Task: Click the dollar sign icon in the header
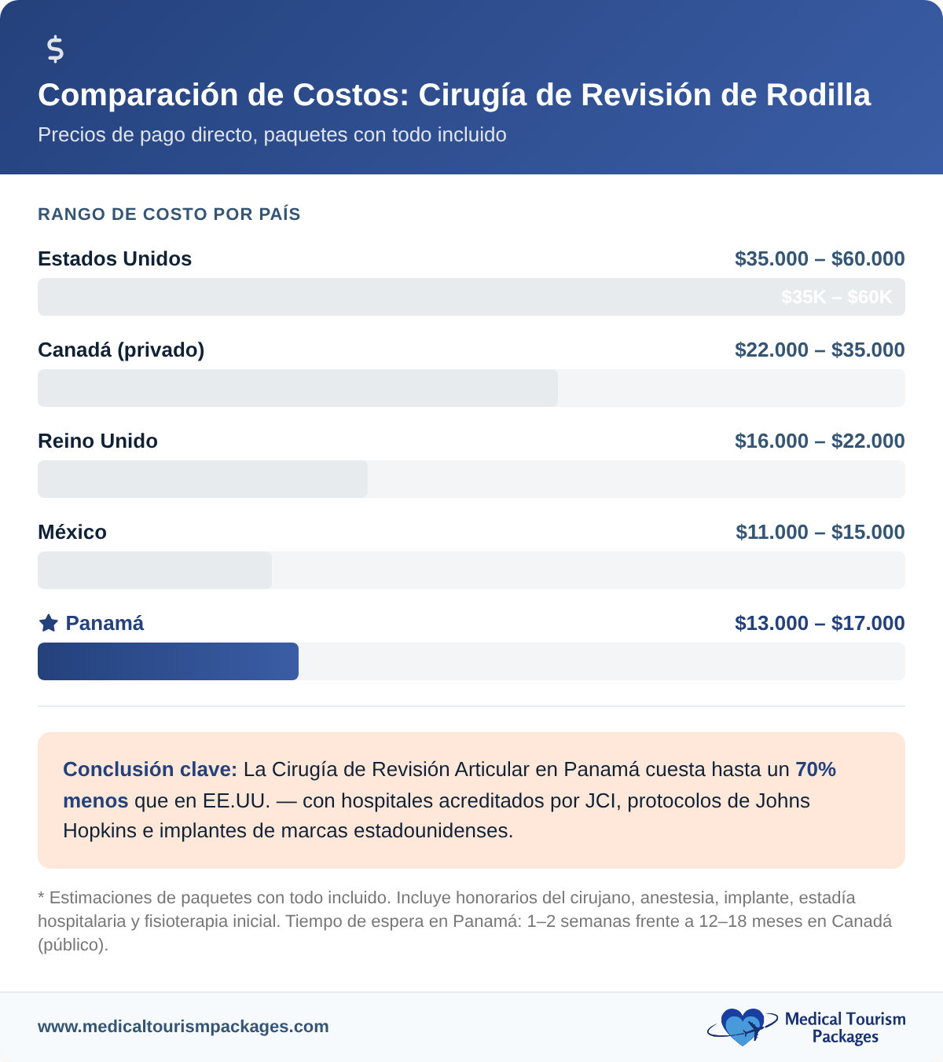coord(55,49)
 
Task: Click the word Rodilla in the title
coord(818,95)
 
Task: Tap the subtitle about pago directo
coord(272,135)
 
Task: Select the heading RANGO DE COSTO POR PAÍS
coord(169,214)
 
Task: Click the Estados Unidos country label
coord(115,259)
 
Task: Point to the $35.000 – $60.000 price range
coord(820,259)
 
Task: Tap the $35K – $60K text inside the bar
coord(836,297)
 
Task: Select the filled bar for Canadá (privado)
coord(297,388)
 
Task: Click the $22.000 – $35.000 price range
coord(820,350)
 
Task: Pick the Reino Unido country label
coord(97,441)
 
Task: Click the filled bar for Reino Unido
coord(202,479)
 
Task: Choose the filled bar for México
coord(154,570)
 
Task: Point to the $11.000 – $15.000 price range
coord(820,533)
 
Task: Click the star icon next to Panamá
coord(49,624)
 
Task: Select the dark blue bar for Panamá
coord(167,661)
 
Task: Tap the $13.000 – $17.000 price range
coord(820,624)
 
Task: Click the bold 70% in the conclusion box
coord(816,770)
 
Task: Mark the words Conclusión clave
coord(149,770)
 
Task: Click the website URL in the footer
coord(183,1027)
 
